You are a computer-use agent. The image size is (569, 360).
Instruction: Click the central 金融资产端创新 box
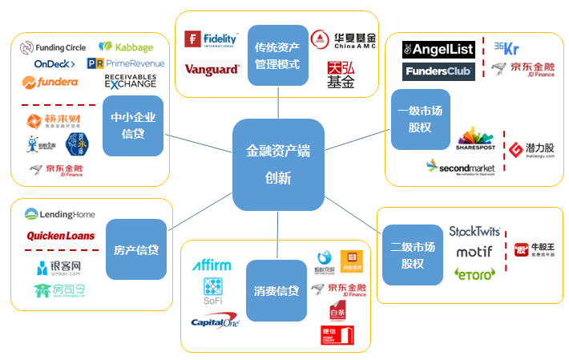(278, 164)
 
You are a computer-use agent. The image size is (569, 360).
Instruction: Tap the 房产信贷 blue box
(136, 249)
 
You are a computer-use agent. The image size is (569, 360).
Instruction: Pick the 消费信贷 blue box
(277, 289)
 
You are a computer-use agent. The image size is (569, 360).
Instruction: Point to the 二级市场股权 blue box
(412, 256)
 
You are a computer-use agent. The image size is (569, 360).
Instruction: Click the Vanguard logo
(212, 69)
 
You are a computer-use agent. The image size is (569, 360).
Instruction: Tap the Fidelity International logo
(212, 39)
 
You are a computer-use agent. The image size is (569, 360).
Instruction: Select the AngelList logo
(438, 50)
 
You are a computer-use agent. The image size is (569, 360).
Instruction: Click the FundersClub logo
(438, 72)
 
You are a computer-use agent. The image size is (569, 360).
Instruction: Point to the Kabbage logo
(126, 47)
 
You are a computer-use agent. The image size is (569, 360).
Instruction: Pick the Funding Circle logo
(54, 47)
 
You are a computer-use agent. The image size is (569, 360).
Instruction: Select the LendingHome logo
(60, 214)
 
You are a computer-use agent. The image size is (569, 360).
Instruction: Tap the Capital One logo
(216, 322)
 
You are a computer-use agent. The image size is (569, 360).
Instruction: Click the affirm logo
(212, 265)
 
